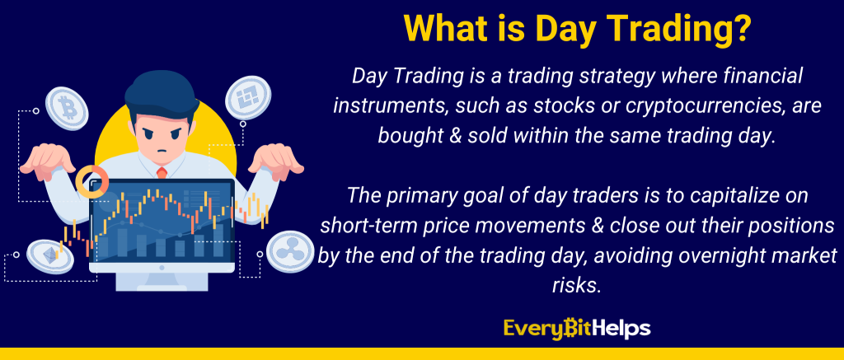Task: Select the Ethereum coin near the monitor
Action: [x=50, y=256]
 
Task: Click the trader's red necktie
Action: [x=162, y=173]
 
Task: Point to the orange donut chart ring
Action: [x=92, y=181]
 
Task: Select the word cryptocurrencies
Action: [x=653, y=106]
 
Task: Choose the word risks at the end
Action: [x=575, y=285]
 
